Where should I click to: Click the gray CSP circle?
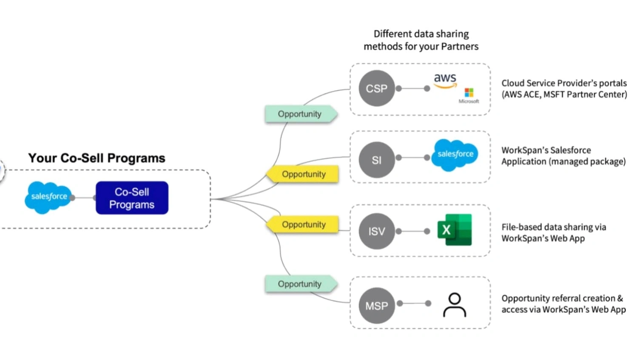[376, 89]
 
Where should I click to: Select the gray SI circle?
[376, 160]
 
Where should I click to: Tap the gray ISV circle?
[376, 231]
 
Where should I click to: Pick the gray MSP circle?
[376, 306]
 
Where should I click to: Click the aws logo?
[445, 80]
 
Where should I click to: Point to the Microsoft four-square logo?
[469, 92]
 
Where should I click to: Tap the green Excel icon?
[455, 230]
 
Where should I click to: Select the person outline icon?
[455, 305]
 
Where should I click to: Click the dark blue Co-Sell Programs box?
[132, 198]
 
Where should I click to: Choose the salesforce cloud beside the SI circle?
[455, 154]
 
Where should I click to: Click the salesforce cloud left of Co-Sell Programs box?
[48, 197]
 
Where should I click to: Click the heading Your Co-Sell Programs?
[97, 158]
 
